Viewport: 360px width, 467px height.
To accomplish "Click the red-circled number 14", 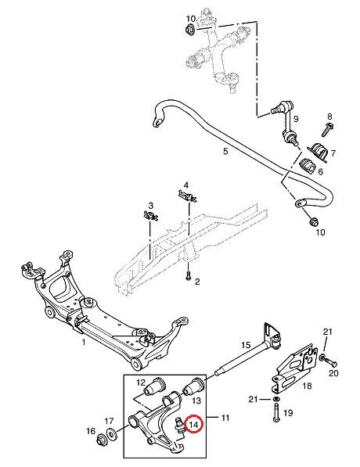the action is point(194,425).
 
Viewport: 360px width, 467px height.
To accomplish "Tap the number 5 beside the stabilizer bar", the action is point(225,152).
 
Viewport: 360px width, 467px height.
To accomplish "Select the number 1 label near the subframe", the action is point(84,342).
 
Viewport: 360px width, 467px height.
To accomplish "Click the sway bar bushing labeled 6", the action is point(307,165).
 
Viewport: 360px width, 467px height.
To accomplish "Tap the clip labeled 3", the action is point(150,215).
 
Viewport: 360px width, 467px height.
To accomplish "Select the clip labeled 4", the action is point(188,196).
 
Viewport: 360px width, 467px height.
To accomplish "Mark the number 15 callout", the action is point(246,345).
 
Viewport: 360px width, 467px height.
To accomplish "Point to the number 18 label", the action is point(307,386).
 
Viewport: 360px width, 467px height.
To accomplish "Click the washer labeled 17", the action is point(112,433).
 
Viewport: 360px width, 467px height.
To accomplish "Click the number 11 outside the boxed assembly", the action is point(225,418).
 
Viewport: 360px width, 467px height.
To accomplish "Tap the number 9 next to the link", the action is point(295,119).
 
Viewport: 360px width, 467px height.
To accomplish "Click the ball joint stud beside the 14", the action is point(179,425).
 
